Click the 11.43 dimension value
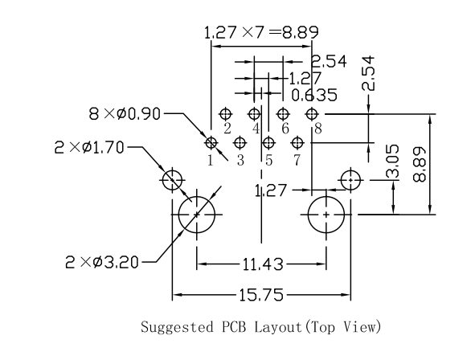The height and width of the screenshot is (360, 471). [x=260, y=263]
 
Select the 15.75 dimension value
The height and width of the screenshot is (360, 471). [x=263, y=296]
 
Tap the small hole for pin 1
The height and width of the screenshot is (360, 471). [x=211, y=143]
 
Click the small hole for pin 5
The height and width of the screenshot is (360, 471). [x=269, y=143]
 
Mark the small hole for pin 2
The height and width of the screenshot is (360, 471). [x=226, y=114]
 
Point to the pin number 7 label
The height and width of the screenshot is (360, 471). [x=297, y=160]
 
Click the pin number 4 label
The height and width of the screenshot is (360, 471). [x=256, y=129]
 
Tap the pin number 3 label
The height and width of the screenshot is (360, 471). [x=240, y=160]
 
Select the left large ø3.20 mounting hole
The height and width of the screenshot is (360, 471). [x=196, y=215]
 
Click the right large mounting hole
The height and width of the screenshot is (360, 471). [x=326, y=215]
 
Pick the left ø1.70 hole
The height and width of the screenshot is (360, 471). [x=172, y=179]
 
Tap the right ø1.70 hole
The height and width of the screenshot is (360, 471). [x=350, y=179]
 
